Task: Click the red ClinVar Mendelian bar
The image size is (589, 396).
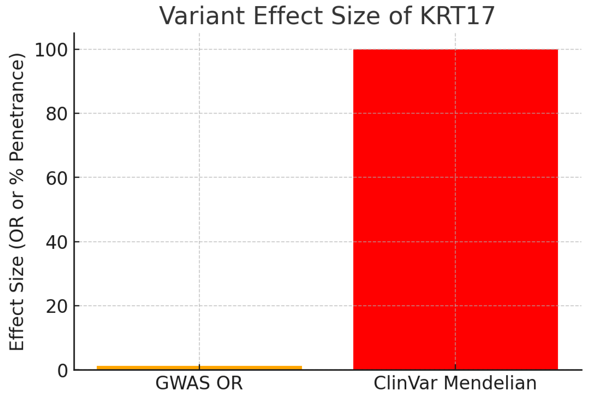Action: (455, 210)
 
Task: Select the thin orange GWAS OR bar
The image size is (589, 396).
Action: (199, 367)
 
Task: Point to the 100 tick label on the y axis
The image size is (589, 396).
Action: (51, 50)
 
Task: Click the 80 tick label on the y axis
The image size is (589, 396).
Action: (57, 114)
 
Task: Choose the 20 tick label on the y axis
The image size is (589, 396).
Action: (57, 306)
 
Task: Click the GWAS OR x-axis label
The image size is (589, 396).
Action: (199, 383)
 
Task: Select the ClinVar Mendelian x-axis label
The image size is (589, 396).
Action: (455, 383)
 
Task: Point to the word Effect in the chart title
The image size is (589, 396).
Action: (288, 16)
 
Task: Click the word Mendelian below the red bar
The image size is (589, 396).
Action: (490, 383)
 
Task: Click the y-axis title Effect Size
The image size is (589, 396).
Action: (17, 303)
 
